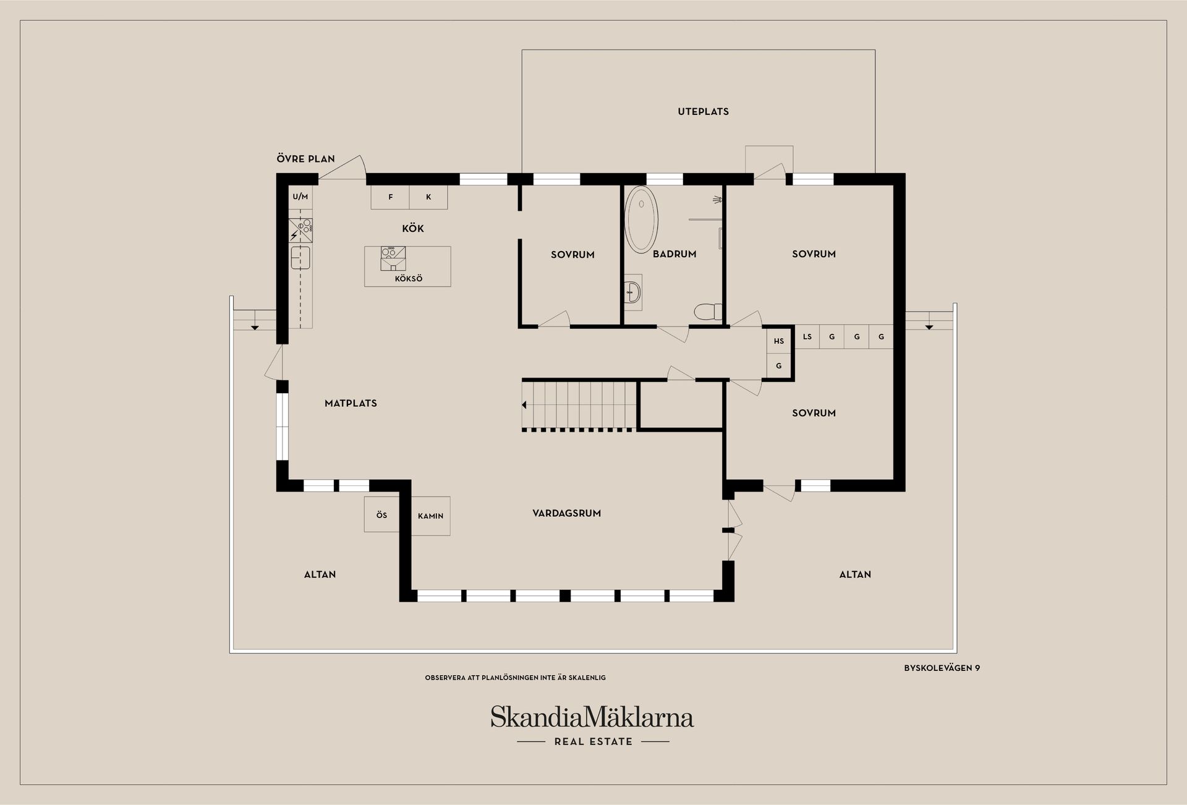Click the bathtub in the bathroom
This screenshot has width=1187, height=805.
tap(642, 219)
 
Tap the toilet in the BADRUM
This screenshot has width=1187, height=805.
tap(708, 311)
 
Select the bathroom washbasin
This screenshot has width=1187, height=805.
tap(633, 292)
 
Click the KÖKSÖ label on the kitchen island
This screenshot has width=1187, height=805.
tap(408, 279)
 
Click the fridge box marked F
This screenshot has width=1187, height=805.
tap(390, 197)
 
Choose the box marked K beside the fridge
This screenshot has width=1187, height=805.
tap(428, 197)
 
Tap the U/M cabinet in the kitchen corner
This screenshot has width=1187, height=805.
tap(300, 197)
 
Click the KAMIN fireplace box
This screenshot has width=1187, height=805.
tap(430, 516)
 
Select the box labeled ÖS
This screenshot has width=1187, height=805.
tap(381, 514)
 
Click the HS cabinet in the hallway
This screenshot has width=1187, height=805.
tap(778, 341)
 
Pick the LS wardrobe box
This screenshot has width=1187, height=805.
tap(807, 337)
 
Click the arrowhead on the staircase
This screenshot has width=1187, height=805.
tap(524, 405)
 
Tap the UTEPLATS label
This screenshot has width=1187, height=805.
tap(703, 112)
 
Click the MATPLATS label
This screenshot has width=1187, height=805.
tap(351, 403)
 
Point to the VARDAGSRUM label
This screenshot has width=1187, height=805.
tap(566, 513)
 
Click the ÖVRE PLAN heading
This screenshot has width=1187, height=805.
tap(305, 159)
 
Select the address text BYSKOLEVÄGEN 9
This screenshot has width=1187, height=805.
tap(942, 668)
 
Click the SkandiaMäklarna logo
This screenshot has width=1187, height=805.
tap(592, 717)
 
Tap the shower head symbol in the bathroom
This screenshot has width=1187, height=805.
tap(717, 199)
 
